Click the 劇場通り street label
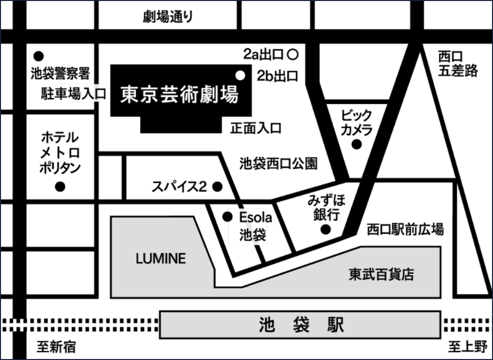[x=168, y=17]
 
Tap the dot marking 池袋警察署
[x=38, y=56]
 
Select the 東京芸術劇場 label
[x=179, y=94]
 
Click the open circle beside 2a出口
[x=293, y=55]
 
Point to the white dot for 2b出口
[x=240, y=75]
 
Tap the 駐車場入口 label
[x=73, y=93]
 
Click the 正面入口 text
[x=255, y=128]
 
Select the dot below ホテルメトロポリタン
[x=60, y=187]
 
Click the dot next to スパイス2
[x=217, y=187]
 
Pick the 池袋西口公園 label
[x=279, y=164]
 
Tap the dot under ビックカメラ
[x=356, y=144]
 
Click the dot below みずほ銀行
[x=326, y=229]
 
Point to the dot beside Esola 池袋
[x=227, y=216]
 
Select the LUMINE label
[x=161, y=259]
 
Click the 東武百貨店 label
[x=382, y=274]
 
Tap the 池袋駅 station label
[x=301, y=325]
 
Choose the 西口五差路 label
[x=458, y=64]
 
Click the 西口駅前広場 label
[x=405, y=229]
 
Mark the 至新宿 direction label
[x=56, y=347]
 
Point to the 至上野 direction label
[x=468, y=347]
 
